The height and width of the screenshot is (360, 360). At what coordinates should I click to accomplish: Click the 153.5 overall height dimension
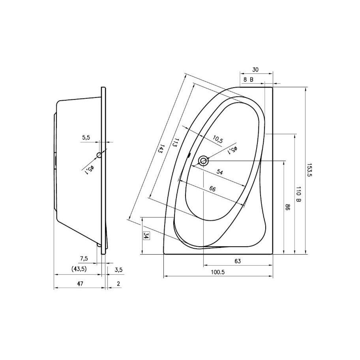click(310, 170)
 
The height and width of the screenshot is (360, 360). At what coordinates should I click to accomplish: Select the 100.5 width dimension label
click(217, 272)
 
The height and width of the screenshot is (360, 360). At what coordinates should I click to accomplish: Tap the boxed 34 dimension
click(146, 235)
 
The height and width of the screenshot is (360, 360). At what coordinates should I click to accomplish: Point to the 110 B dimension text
click(298, 194)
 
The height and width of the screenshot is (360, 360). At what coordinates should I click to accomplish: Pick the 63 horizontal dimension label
click(238, 261)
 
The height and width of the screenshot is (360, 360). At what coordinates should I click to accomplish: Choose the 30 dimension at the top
click(255, 69)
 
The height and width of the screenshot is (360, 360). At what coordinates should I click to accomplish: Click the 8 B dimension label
click(248, 80)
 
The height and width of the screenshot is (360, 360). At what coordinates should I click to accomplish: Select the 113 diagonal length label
click(175, 142)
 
